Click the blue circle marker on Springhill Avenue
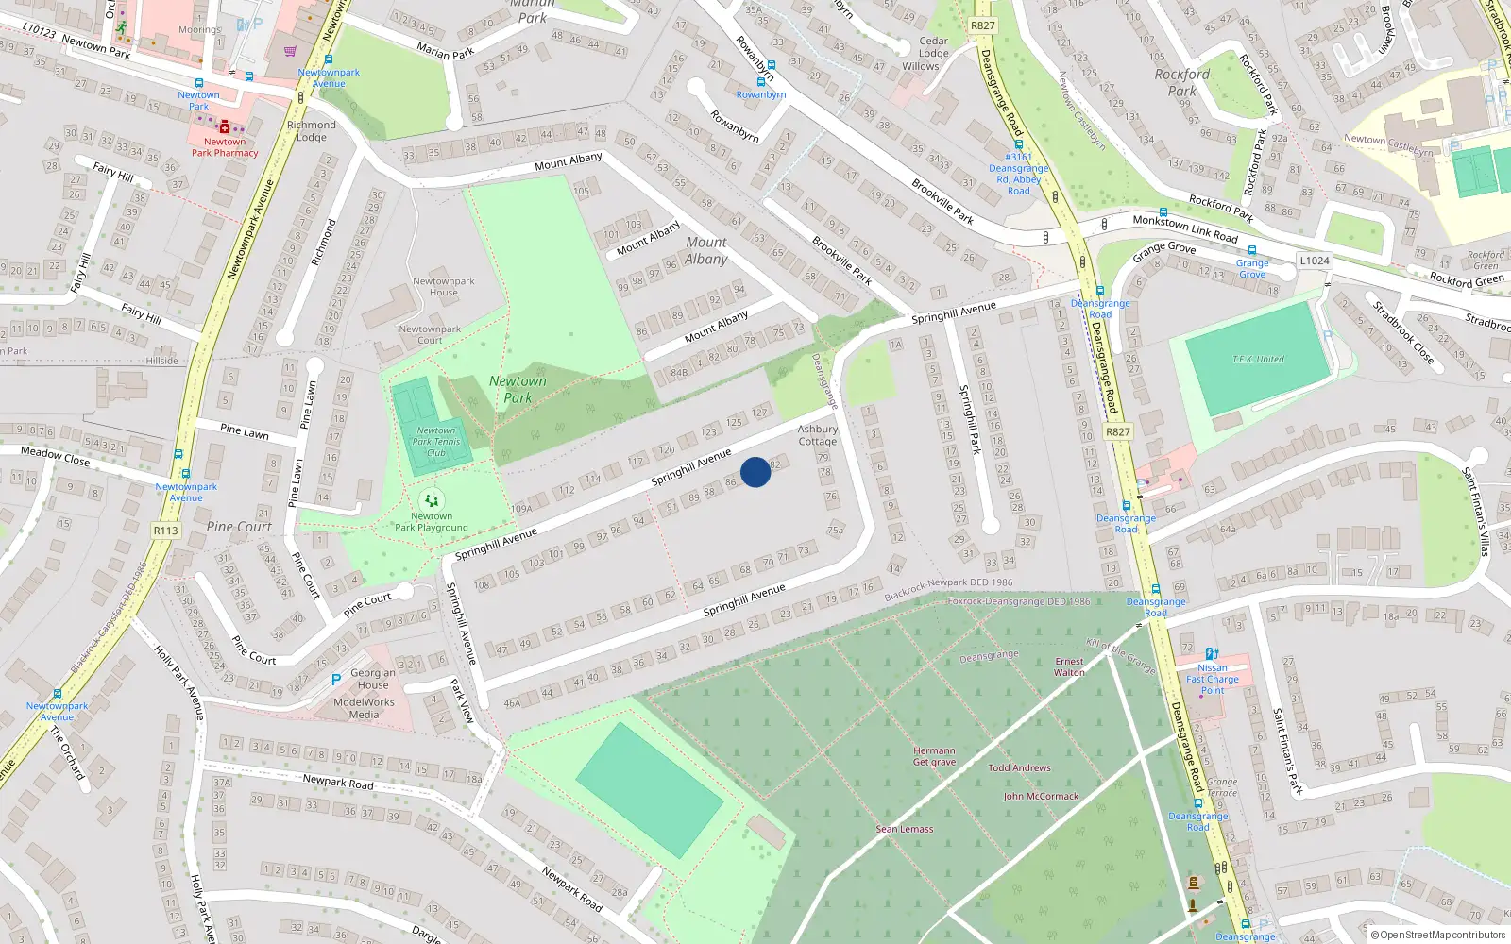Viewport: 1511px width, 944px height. click(755, 472)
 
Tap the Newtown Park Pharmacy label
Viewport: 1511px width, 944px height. click(225, 147)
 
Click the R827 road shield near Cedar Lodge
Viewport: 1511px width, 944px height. click(982, 25)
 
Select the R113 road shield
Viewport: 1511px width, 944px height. click(165, 531)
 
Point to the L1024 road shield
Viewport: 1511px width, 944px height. click(1314, 261)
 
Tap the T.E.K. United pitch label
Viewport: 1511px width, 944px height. click(1258, 359)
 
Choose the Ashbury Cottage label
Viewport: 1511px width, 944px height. click(818, 435)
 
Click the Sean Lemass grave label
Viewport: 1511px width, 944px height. click(904, 829)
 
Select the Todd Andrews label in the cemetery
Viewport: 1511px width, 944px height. click(1019, 767)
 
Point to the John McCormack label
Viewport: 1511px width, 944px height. click(1041, 796)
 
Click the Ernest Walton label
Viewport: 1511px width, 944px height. click(1069, 667)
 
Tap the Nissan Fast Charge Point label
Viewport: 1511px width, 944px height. click(1213, 679)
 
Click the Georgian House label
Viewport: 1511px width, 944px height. click(373, 679)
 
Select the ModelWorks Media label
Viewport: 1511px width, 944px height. click(364, 708)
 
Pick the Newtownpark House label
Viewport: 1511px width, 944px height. click(443, 287)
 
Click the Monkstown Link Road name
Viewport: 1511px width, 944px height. click(1184, 228)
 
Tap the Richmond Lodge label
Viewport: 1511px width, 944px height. click(311, 130)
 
